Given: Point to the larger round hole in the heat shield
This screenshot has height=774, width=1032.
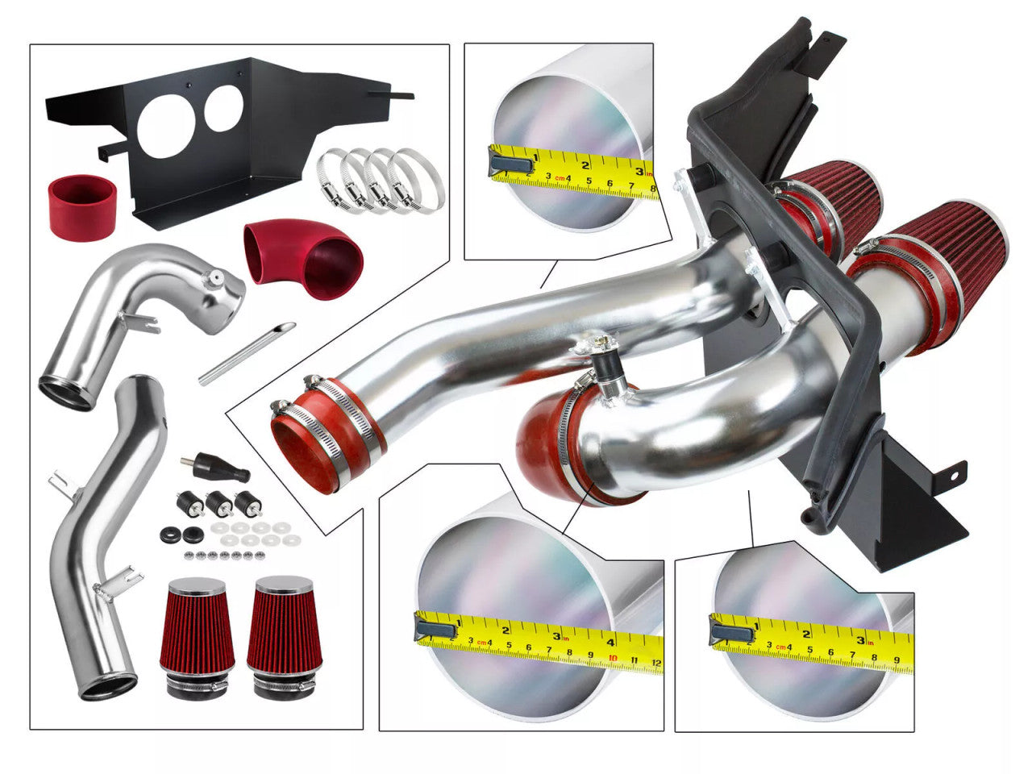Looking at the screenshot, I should pyautogui.click(x=165, y=126).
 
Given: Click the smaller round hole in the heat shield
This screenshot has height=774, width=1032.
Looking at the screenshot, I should pyautogui.click(x=223, y=109).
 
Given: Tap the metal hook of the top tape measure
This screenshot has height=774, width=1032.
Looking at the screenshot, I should pyautogui.click(x=505, y=164).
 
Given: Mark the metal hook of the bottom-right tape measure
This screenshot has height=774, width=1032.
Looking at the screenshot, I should pyautogui.click(x=731, y=630).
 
